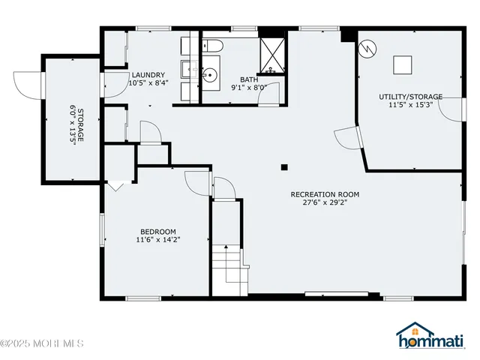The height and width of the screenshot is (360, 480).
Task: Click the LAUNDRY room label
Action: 148,75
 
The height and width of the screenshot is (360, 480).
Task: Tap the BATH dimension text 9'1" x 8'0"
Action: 249,87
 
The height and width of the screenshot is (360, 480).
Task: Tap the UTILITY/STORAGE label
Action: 410,97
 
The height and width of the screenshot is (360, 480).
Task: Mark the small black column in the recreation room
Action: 284,167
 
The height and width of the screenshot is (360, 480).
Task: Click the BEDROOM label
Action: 158,231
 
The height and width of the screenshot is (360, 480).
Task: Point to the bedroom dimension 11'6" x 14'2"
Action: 158,240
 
